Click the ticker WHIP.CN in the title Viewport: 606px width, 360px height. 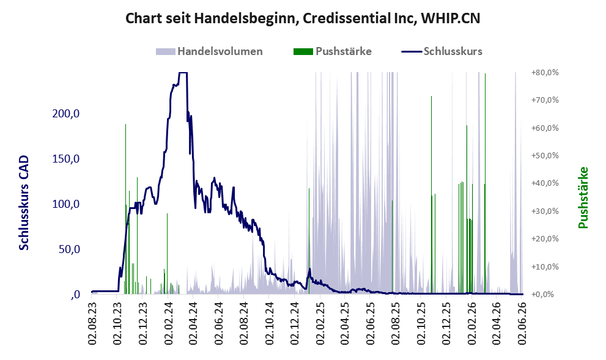click(x=450, y=18)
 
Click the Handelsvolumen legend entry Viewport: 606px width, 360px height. click(x=209, y=51)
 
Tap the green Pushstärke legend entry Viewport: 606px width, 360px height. click(x=333, y=51)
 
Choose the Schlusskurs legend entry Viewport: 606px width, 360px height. click(x=442, y=51)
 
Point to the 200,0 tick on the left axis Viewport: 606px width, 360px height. click(x=66, y=114)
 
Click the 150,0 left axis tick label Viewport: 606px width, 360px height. click(x=66, y=159)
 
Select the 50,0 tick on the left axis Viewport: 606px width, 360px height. click(x=69, y=249)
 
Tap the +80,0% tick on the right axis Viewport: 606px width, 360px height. click(x=545, y=73)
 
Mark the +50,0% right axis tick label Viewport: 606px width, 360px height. click(x=545, y=156)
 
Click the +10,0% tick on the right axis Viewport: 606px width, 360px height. click(x=545, y=266)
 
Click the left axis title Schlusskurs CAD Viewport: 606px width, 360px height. click(x=24, y=203)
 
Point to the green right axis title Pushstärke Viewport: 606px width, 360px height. click(x=583, y=197)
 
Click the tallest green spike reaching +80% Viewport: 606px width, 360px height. click(x=485, y=183)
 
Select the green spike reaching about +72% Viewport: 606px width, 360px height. click(x=431, y=195)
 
